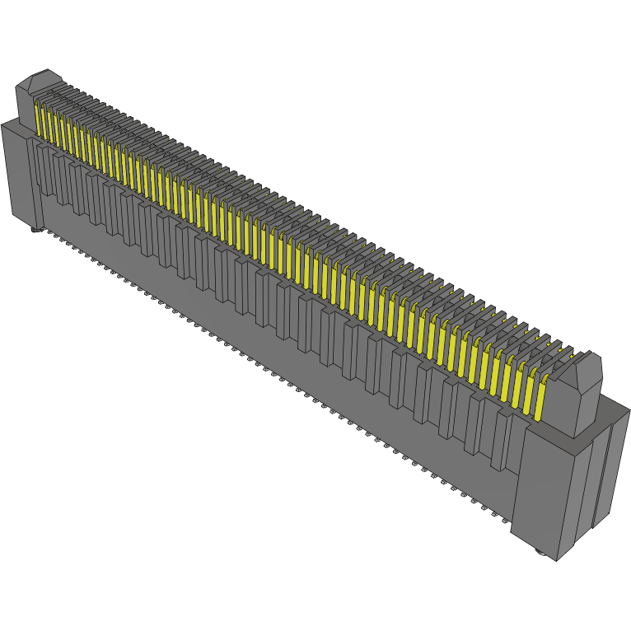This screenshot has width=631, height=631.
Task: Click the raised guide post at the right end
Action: click(577, 395)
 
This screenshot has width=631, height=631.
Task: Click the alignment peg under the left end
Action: click(35, 228)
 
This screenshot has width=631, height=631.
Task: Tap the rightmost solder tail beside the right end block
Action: click(504, 521)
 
